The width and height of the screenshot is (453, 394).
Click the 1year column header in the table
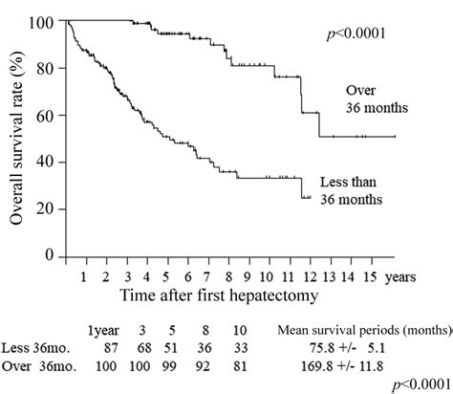104,329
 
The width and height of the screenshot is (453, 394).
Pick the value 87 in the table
106,346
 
